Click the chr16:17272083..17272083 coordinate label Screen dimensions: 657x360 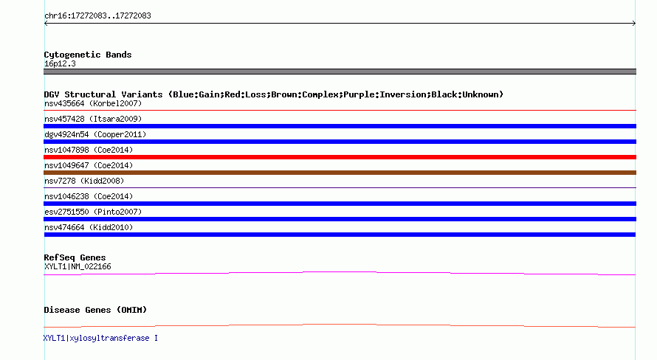tap(97, 16)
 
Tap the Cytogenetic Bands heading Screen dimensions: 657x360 tap(88, 55)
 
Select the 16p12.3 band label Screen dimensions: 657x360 tap(60, 63)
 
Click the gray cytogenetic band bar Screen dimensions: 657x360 tap(340, 72)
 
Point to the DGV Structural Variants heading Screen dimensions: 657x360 tap(274, 94)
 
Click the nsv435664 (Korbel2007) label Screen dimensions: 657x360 tap(93, 103)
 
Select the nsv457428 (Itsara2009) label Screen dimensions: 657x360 tap(93, 119)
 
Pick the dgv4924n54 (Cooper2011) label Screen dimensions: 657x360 tap(95, 134)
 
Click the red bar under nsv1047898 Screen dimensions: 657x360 tap(340, 157)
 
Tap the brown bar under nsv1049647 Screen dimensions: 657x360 tap(340, 173)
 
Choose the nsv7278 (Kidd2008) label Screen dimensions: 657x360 tap(84, 181)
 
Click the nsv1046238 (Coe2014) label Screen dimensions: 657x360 tap(89, 196)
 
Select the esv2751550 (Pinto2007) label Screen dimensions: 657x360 tap(93, 212)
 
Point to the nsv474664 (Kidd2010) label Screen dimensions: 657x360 tap(89, 227)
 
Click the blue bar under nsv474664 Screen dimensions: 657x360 tap(340, 235)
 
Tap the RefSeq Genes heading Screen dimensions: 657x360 tap(75, 257)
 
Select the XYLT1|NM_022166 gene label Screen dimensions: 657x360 tap(78, 266)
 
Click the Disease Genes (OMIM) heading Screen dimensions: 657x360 tap(95, 310)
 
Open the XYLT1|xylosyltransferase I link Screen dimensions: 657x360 tap(100, 338)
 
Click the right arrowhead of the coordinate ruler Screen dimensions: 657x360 tap(635, 24)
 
